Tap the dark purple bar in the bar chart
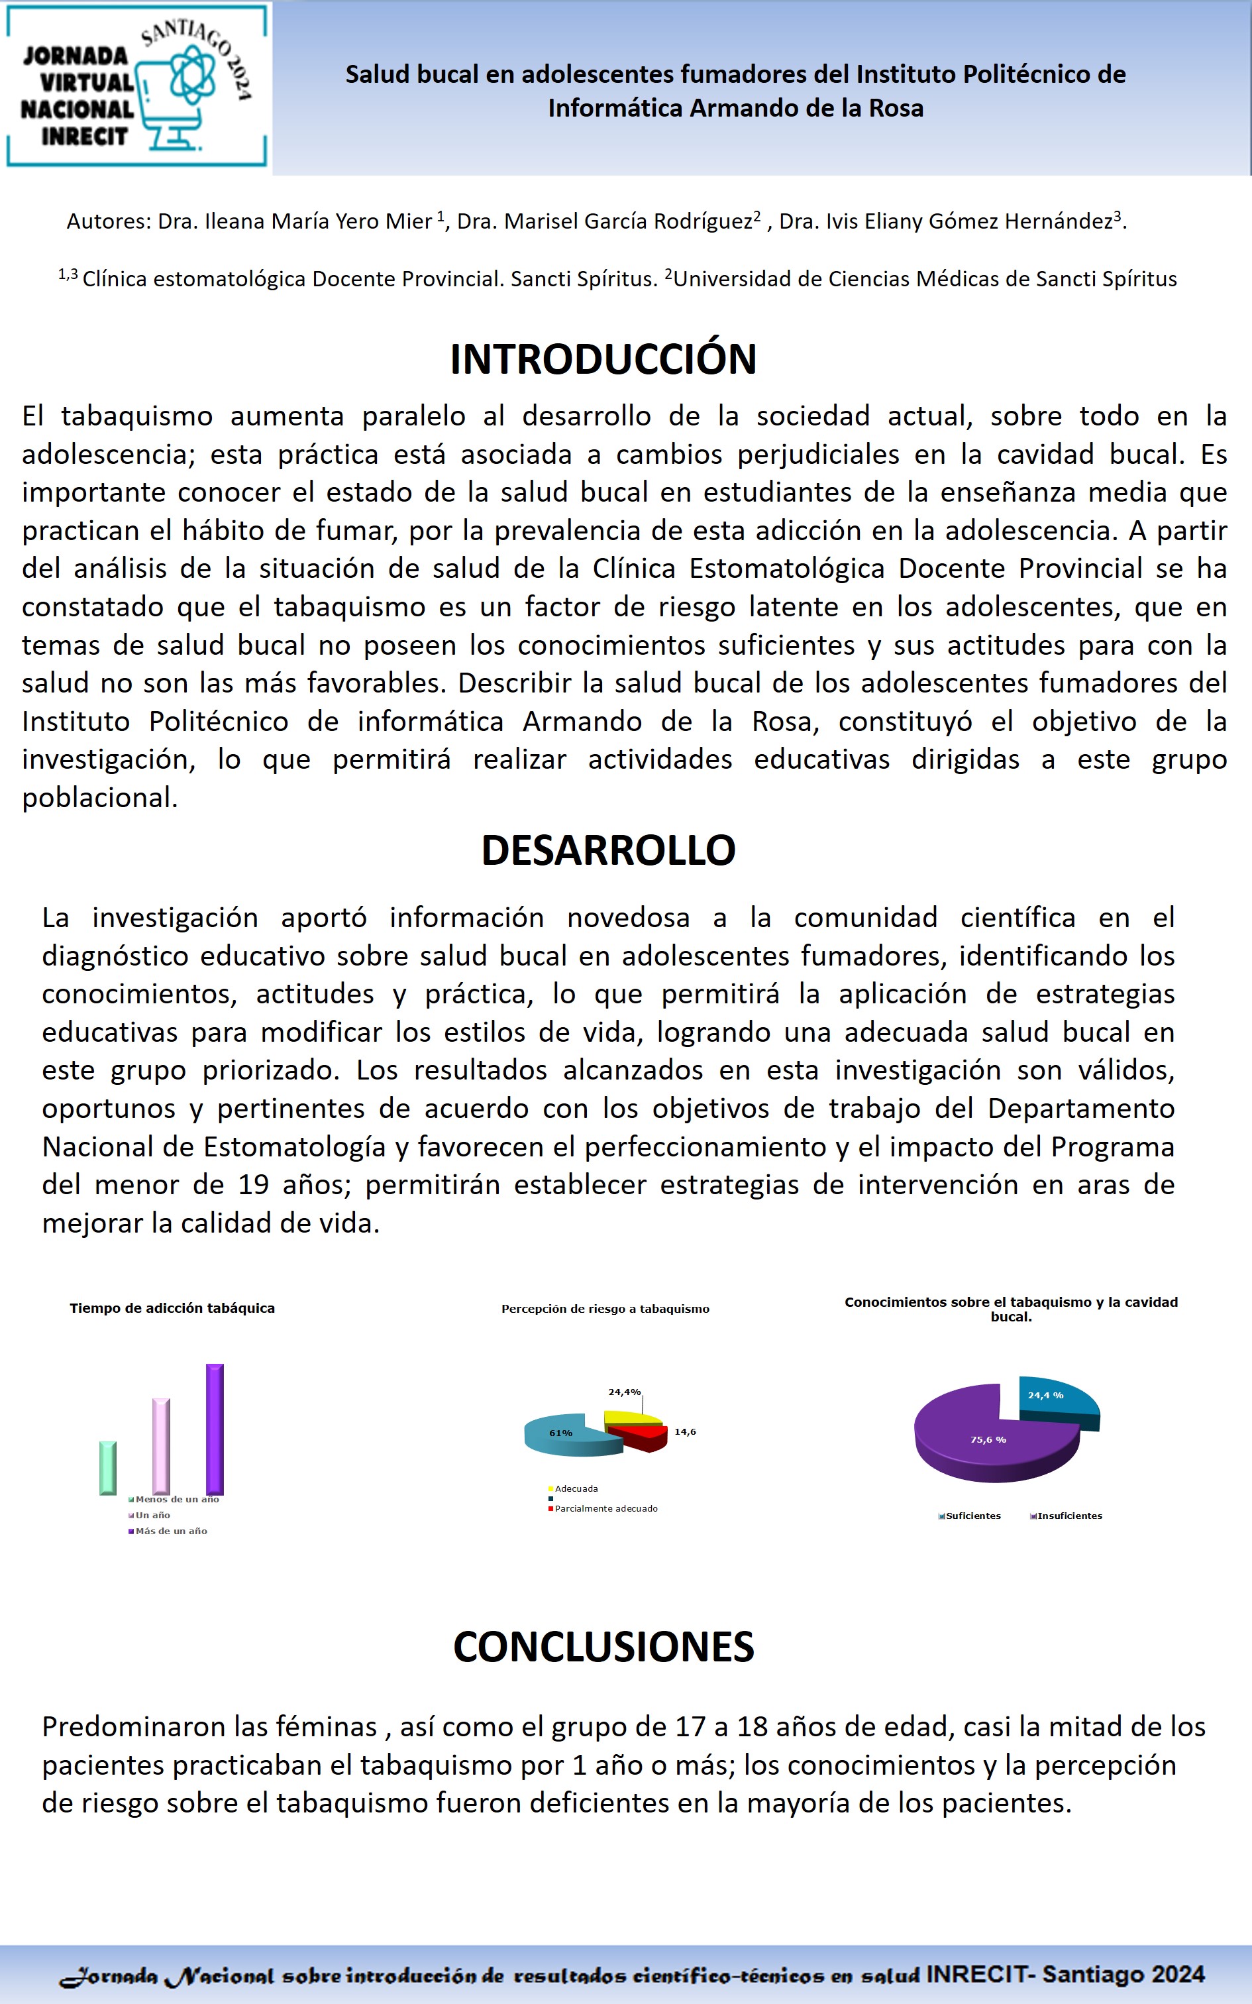(x=215, y=1429)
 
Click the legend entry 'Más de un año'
(x=171, y=1531)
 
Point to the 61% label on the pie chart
(x=560, y=1433)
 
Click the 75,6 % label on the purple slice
(x=988, y=1440)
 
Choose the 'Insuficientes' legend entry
(x=1068, y=1516)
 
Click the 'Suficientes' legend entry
(x=972, y=1516)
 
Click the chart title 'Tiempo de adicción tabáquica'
(x=172, y=1308)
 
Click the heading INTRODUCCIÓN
(x=603, y=359)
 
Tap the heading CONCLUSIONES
(x=603, y=1646)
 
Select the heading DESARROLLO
(x=608, y=850)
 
